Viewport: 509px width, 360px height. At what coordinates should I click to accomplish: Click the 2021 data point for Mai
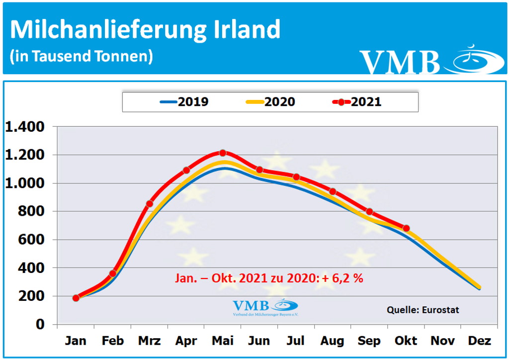223,153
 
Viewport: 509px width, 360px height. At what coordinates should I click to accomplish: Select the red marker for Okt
406,228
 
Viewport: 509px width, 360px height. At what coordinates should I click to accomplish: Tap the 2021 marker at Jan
76,298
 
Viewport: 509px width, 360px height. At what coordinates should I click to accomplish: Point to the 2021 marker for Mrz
149,203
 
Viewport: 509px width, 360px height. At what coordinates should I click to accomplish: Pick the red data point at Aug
333,191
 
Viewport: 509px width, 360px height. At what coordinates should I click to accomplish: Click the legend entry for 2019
184,102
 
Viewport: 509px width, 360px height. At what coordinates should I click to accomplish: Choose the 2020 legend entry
270,102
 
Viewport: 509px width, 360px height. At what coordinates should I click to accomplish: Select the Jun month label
259,341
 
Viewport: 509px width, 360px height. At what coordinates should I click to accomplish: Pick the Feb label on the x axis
112,341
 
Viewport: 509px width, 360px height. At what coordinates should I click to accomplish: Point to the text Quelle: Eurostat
423,310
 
